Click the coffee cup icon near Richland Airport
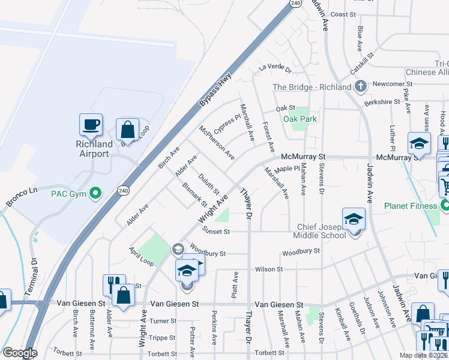91,125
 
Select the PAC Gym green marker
94,193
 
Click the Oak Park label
300,119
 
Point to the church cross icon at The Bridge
360,87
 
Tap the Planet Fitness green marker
444,206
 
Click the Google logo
20,353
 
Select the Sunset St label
216,230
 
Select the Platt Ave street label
235,286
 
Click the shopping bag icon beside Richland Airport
127,129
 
